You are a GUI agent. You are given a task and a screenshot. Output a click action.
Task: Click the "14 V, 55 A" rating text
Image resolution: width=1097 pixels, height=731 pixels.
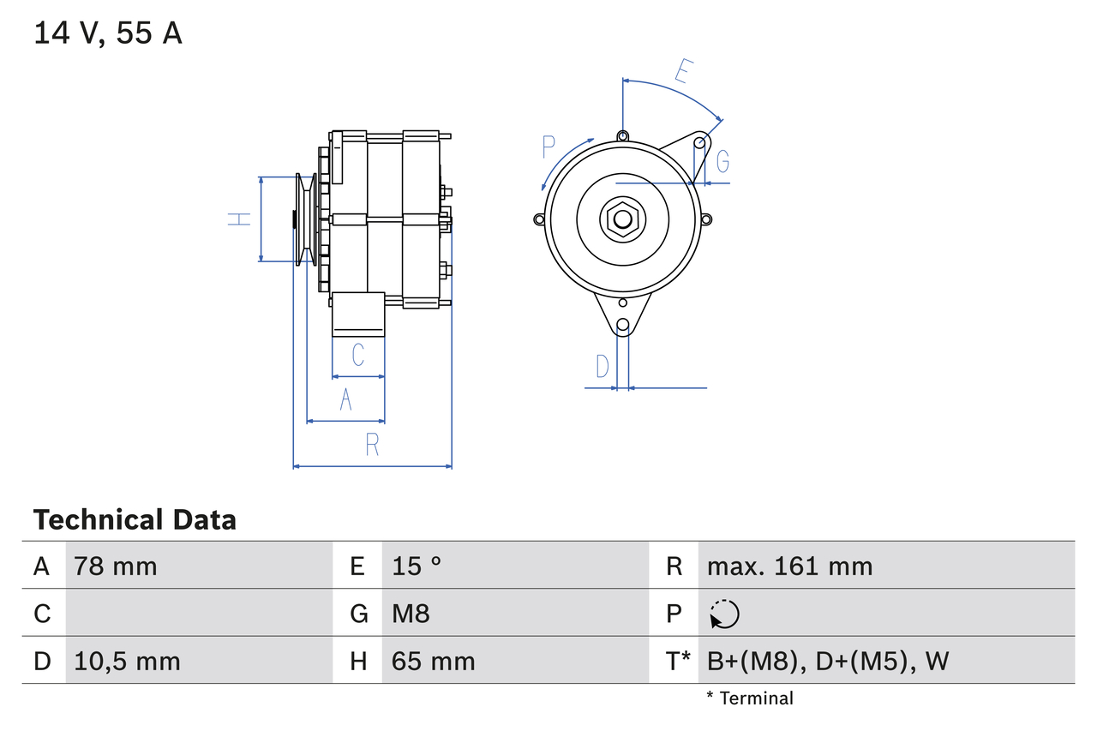[x=108, y=33]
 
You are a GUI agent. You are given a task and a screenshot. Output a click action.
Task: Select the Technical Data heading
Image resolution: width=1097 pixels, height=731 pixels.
[x=135, y=519]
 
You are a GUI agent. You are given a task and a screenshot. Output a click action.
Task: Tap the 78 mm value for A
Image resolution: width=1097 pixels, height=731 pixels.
[x=116, y=566]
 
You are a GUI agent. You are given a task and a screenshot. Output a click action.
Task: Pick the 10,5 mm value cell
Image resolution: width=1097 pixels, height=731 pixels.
[x=127, y=661]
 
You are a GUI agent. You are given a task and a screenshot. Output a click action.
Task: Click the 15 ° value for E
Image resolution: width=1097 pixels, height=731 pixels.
[x=417, y=566]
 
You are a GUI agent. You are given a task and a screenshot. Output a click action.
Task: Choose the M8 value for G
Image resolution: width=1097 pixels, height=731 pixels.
[x=411, y=614]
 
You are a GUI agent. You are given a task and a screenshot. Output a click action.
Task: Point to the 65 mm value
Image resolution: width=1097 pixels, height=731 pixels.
[x=433, y=661]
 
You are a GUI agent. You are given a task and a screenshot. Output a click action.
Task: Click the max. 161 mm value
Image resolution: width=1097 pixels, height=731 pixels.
[x=789, y=566]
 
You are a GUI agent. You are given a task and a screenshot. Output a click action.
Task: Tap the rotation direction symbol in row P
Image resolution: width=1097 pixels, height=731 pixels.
[x=724, y=614]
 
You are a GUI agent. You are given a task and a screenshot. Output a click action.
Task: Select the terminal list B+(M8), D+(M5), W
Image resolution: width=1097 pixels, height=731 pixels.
[x=828, y=661]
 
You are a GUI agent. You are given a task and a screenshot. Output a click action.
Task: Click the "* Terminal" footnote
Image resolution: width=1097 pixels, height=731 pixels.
[x=750, y=698]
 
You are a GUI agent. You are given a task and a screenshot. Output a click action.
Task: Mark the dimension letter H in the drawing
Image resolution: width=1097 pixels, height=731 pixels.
[x=239, y=219]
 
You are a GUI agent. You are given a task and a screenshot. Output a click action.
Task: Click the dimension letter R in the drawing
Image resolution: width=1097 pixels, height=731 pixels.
[x=372, y=444]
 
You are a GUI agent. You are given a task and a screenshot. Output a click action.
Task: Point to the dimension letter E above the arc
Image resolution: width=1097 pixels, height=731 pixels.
[x=682, y=71]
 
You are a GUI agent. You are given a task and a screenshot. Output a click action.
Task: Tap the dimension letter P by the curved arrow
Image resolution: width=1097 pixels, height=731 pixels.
[x=549, y=147]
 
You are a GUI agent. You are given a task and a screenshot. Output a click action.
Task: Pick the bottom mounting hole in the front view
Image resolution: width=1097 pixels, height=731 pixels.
[x=623, y=325]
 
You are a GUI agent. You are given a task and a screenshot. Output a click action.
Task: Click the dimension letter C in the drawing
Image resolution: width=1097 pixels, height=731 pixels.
[x=358, y=354]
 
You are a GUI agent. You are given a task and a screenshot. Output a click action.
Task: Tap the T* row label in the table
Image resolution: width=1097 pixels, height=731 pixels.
[x=677, y=661]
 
